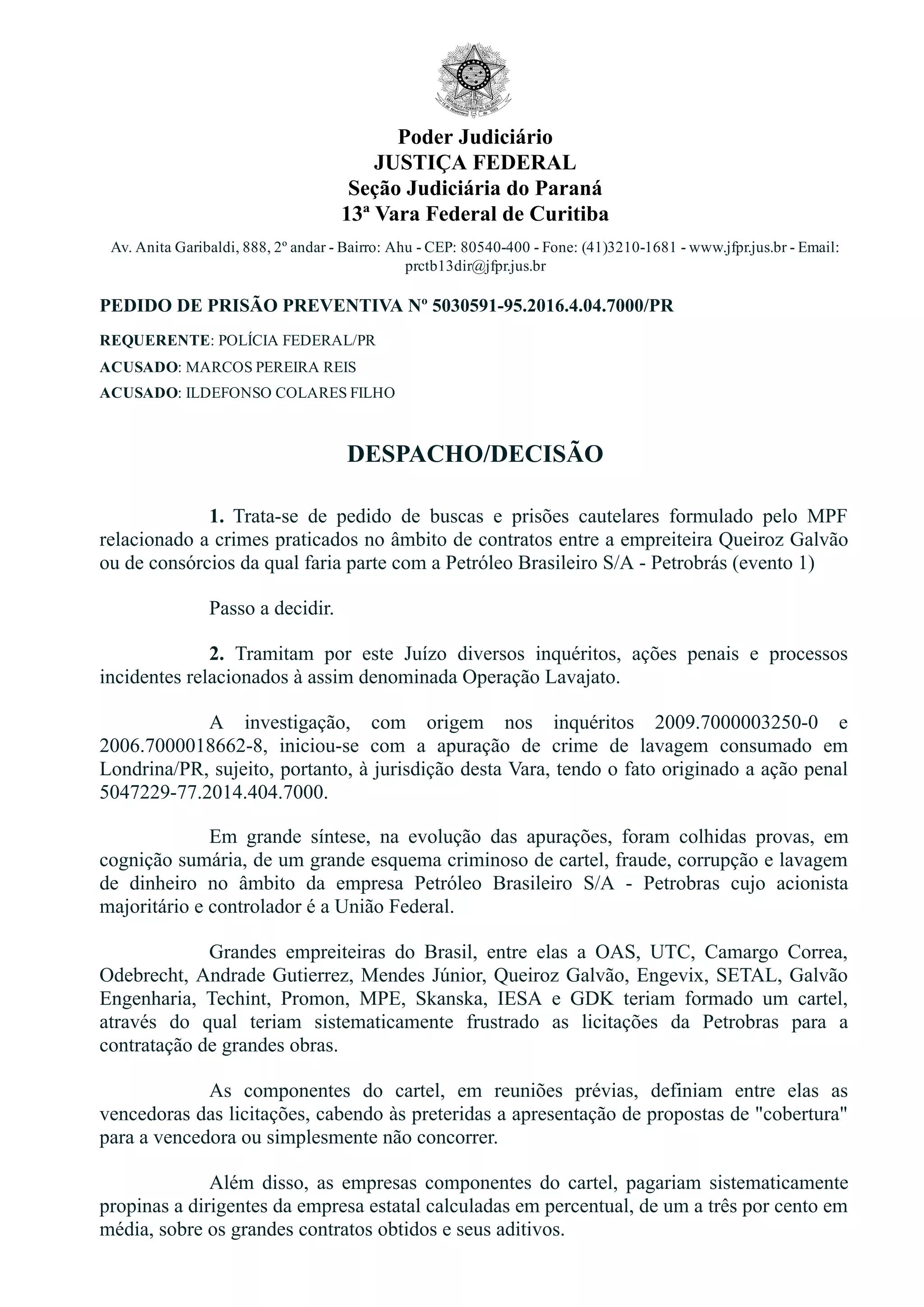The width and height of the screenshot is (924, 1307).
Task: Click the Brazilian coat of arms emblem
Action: [474, 80]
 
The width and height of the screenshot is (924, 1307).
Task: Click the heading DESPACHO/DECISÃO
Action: [475, 454]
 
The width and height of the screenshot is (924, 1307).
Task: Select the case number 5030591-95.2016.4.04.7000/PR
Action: [553, 306]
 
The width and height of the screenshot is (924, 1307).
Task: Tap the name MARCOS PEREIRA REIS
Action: [271, 367]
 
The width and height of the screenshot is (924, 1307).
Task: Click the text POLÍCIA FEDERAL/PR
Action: [296, 341]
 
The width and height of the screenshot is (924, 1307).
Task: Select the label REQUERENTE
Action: [155, 341]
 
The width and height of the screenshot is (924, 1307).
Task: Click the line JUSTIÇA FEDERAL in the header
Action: [475, 163]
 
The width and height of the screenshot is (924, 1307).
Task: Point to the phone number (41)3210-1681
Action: [628, 248]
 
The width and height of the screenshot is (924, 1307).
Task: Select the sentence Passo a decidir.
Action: [272, 608]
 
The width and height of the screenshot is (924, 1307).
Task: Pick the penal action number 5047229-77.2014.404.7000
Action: [213, 793]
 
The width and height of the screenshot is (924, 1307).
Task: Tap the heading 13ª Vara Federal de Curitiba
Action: [475, 215]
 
